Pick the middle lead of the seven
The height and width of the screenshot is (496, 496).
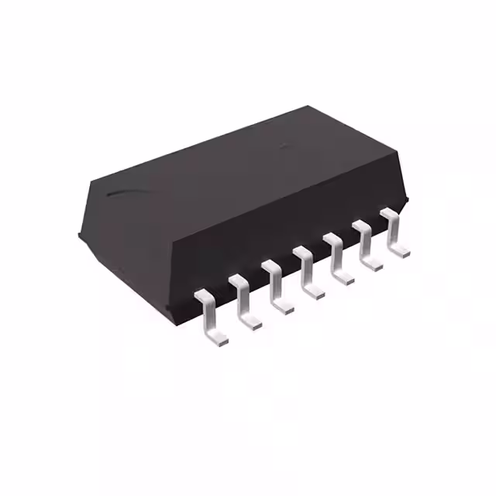coord(308,272)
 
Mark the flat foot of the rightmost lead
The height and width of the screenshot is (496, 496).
coord(400,250)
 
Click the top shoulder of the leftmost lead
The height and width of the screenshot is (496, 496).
coord(202,295)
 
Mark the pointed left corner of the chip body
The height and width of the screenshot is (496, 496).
coord(81,230)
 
